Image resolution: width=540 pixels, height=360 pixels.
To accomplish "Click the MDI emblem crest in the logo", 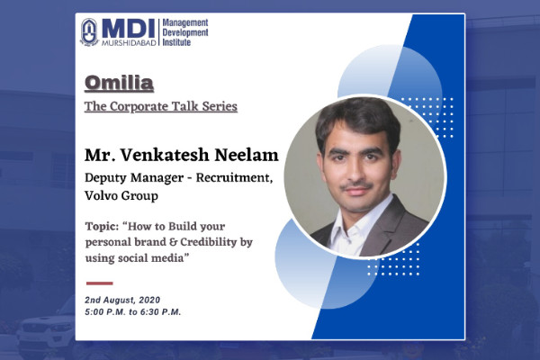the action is pyautogui.click(x=89, y=32).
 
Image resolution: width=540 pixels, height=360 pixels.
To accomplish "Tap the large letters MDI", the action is pyautogui.click(x=129, y=29).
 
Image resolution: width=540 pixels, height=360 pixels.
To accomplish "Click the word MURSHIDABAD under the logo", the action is pyautogui.click(x=129, y=42).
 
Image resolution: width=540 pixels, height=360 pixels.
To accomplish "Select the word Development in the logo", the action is pyautogui.click(x=185, y=32).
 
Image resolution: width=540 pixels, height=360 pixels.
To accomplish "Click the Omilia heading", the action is pyautogui.click(x=119, y=83).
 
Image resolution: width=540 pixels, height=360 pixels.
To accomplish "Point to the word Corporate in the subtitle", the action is pyautogui.click(x=139, y=106).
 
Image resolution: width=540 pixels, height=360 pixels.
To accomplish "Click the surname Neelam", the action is pyautogui.click(x=247, y=155).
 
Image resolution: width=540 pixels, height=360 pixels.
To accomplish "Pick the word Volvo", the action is pyautogui.click(x=102, y=195).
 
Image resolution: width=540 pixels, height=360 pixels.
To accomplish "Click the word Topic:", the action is pyautogui.click(x=102, y=227).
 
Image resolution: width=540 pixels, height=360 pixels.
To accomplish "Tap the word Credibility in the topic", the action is pyautogui.click(x=209, y=242).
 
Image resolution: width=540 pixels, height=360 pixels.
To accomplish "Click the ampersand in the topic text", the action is pyautogui.click(x=173, y=242).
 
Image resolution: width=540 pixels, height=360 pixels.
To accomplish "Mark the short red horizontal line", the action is pyautogui.click(x=100, y=283).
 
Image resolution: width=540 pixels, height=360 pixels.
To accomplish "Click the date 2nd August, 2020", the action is pyautogui.click(x=122, y=300).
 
